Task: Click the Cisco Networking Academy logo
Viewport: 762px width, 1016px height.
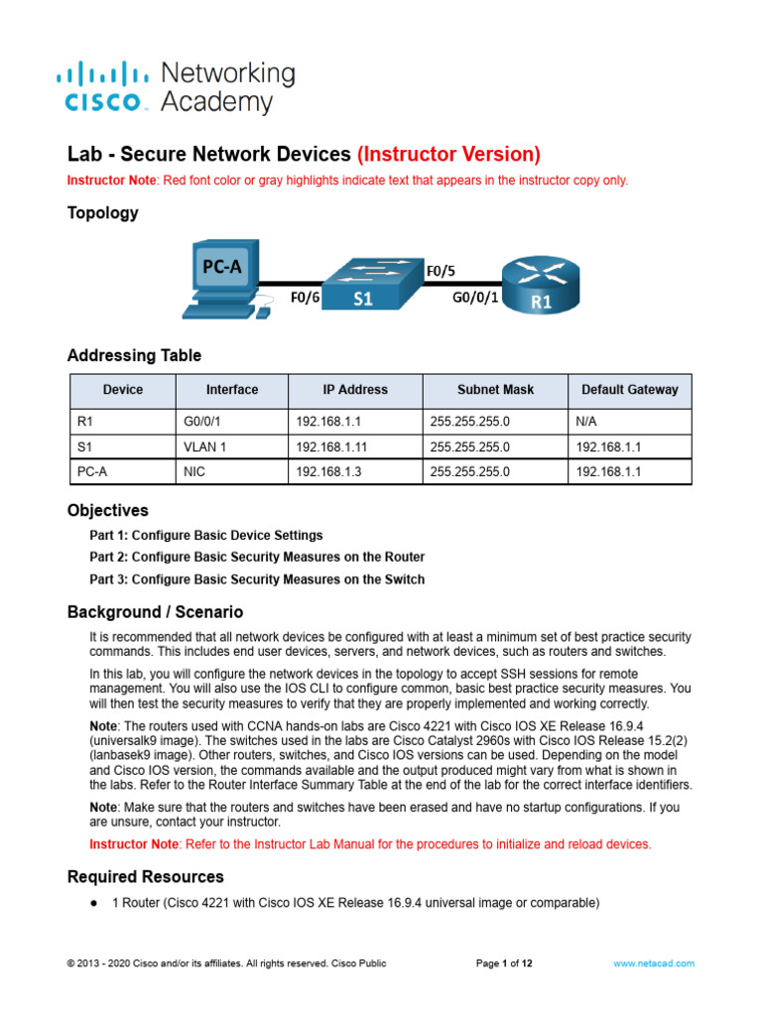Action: pyautogui.click(x=176, y=86)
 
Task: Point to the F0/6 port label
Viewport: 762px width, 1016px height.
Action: pyautogui.click(x=305, y=297)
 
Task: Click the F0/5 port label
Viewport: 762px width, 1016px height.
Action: pyautogui.click(x=442, y=270)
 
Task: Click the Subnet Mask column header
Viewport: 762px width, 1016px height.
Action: pyautogui.click(x=494, y=390)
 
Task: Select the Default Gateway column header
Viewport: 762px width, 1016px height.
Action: pyautogui.click(x=630, y=390)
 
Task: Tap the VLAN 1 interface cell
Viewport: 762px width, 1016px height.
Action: pyautogui.click(x=205, y=446)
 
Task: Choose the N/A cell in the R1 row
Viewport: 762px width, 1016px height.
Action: pyautogui.click(x=586, y=422)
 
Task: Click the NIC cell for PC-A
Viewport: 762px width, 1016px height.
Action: pyautogui.click(x=194, y=472)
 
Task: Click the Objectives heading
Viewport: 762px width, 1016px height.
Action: pyautogui.click(x=107, y=510)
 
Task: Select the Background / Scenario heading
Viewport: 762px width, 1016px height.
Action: pyautogui.click(x=155, y=612)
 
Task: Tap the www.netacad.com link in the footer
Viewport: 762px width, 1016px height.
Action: pyautogui.click(x=654, y=962)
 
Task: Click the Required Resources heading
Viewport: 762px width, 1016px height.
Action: pyautogui.click(x=145, y=876)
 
